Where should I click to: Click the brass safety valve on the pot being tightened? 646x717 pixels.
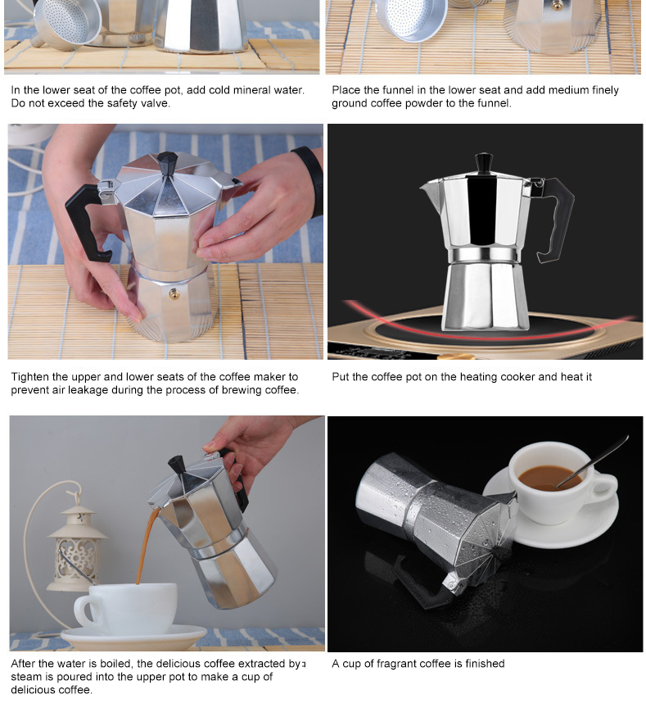pos(174,293)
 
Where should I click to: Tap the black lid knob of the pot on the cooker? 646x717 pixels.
pos(484,163)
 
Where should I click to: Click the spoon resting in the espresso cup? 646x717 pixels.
pos(593,462)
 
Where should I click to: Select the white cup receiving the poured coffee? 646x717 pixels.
pos(125,609)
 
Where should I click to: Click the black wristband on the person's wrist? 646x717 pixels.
pos(310,179)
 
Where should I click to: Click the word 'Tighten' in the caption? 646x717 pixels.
pos(29,377)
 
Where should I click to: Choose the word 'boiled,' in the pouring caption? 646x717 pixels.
pos(116,664)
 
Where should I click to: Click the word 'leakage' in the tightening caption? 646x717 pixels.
pos(88,390)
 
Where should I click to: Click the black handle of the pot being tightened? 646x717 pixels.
pos(86,223)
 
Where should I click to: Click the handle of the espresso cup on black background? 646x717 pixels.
pos(605,488)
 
